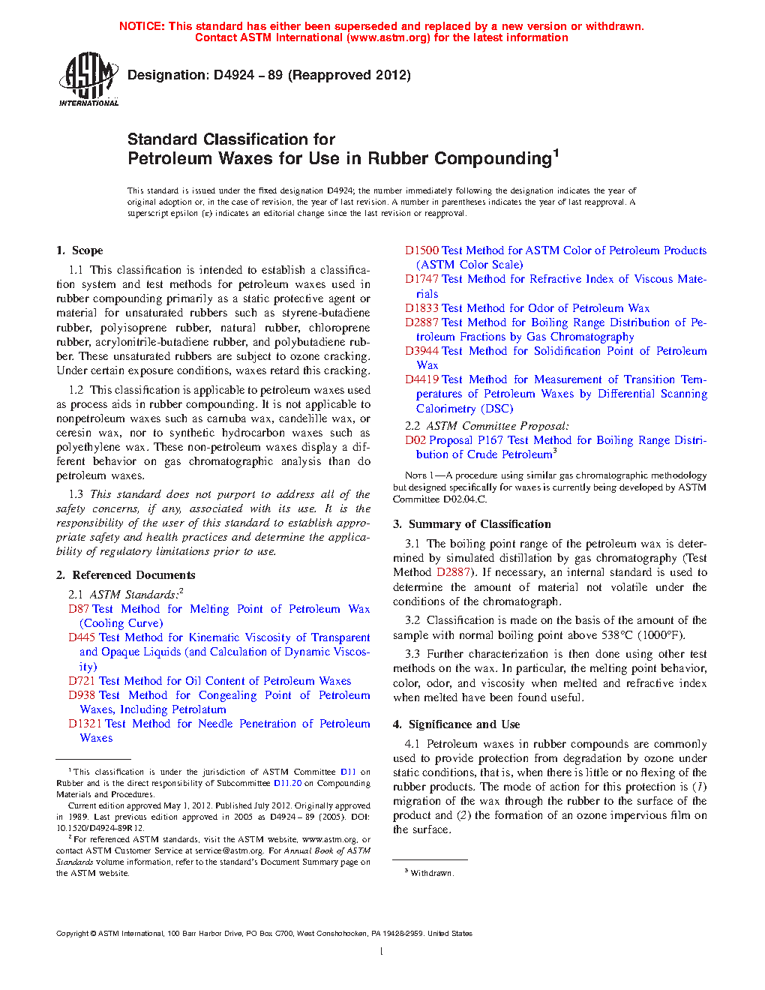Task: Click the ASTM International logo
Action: pos(88,79)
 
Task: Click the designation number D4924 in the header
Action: pos(233,75)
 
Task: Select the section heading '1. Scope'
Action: pos(79,250)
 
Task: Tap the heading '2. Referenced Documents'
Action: pos(125,575)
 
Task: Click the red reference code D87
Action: pos(78,609)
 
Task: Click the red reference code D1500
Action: pos(421,250)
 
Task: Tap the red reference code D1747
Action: pos(421,279)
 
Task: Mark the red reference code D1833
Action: pos(421,308)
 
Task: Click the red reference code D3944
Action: pos(421,351)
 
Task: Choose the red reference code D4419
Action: pos(421,379)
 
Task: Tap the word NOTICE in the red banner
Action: pos(142,26)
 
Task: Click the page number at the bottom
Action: pos(382,952)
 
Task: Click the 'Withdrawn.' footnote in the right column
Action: pos(431,873)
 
